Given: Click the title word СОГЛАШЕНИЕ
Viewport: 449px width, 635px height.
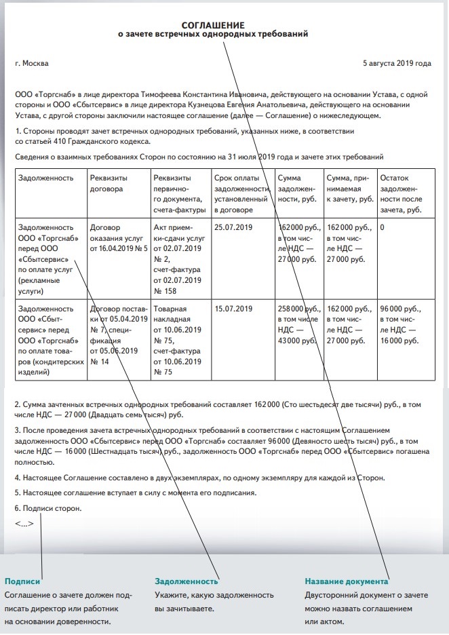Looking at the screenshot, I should click(x=213, y=24).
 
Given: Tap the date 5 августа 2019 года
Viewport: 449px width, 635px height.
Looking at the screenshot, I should click(x=397, y=63).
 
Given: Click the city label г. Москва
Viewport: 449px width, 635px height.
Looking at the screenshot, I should click(x=32, y=63).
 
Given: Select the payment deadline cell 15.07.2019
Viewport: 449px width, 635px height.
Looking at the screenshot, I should click(x=232, y=309).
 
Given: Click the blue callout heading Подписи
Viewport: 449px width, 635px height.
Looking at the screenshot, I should click(x=23, y=581).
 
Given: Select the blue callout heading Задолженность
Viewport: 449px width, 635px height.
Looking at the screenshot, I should click(x=187, y=581).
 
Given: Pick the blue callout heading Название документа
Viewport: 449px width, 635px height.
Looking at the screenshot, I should click(x=346, y=581).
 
